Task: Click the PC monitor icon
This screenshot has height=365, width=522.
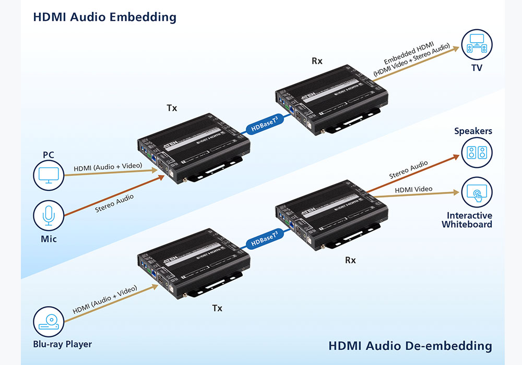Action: (x=49, y=176)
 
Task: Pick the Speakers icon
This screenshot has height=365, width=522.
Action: (x=477, y=153)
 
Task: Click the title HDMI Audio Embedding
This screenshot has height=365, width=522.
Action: (x=104, y=17)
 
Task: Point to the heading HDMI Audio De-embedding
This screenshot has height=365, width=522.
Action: (x=410, y=346)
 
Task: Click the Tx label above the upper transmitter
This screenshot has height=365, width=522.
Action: (x=172, y=108)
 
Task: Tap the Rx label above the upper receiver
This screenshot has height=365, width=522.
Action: (x=317, y=61)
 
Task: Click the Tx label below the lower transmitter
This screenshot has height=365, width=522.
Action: (x=217, y=308)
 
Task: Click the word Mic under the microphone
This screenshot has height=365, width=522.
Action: (x=49, y=239)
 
